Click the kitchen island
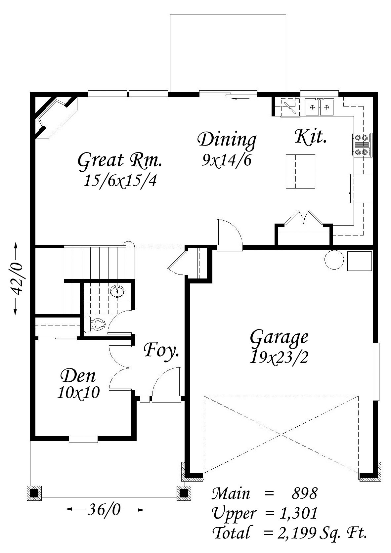(x=300, y=171)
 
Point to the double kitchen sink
(x=320, y=107)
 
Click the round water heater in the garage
(x=334, y=260)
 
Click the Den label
(x=78, y=376)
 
